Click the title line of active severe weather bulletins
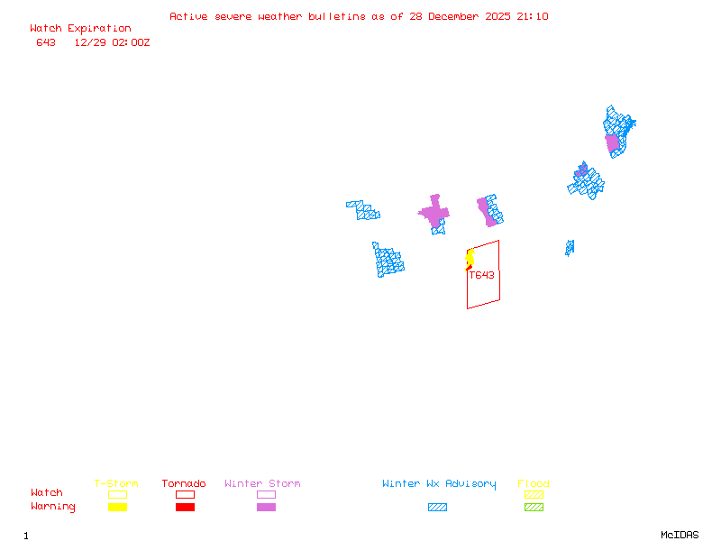359,16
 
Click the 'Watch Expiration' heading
80,29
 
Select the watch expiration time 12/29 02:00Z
112,42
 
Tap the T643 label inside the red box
481,275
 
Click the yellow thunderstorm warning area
470,259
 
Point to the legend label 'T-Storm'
116,484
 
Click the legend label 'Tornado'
184,484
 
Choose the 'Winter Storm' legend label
262,484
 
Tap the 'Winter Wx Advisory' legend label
439,484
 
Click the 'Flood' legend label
534,484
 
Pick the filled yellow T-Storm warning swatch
117,508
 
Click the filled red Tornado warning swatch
185,508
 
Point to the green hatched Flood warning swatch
534,508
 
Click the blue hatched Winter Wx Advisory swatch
437,508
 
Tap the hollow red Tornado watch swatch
185,494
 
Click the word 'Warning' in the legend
53,507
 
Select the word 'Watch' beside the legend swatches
47,493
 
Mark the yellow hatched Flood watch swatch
534,494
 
